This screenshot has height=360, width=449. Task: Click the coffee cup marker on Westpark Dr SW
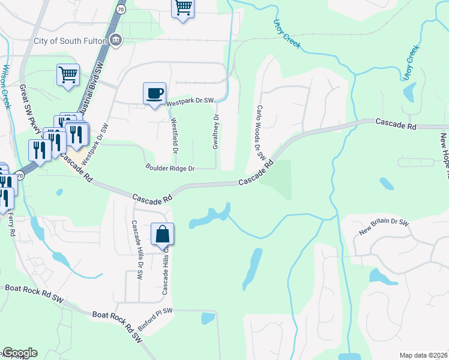154,94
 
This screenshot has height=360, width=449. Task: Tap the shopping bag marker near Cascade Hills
163,234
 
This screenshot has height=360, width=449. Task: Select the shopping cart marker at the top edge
183,8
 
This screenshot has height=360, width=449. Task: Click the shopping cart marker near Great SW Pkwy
68,76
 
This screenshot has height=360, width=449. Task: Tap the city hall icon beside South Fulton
116,41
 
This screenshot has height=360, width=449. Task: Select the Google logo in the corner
19,353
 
